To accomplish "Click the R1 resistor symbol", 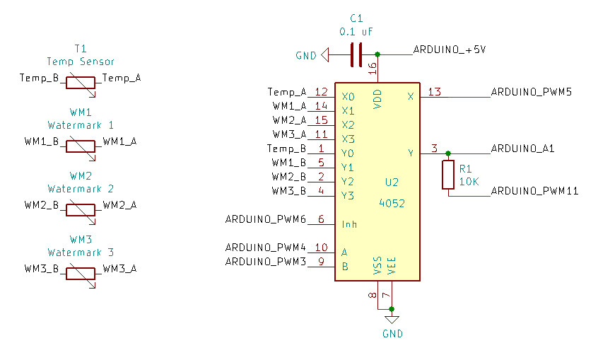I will coord(447,175).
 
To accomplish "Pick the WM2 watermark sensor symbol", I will coord(80,209).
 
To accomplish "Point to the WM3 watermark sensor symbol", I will coord(80,273).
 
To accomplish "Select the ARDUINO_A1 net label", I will coord(522,149).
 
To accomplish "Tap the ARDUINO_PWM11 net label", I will coord(534,191).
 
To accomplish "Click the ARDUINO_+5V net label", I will coord(449,50).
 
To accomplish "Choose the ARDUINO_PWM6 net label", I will coord(265,219).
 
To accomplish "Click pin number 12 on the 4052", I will coord(321,92).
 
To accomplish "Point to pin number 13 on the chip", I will coord(434,92).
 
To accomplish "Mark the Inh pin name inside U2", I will coord(349,224).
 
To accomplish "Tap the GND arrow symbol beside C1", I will coord(324,54).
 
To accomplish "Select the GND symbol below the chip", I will coord(392,320).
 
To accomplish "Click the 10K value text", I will coord(469,182).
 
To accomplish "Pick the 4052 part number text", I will coord(392,203).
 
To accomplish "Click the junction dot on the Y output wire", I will coord(447,153).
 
